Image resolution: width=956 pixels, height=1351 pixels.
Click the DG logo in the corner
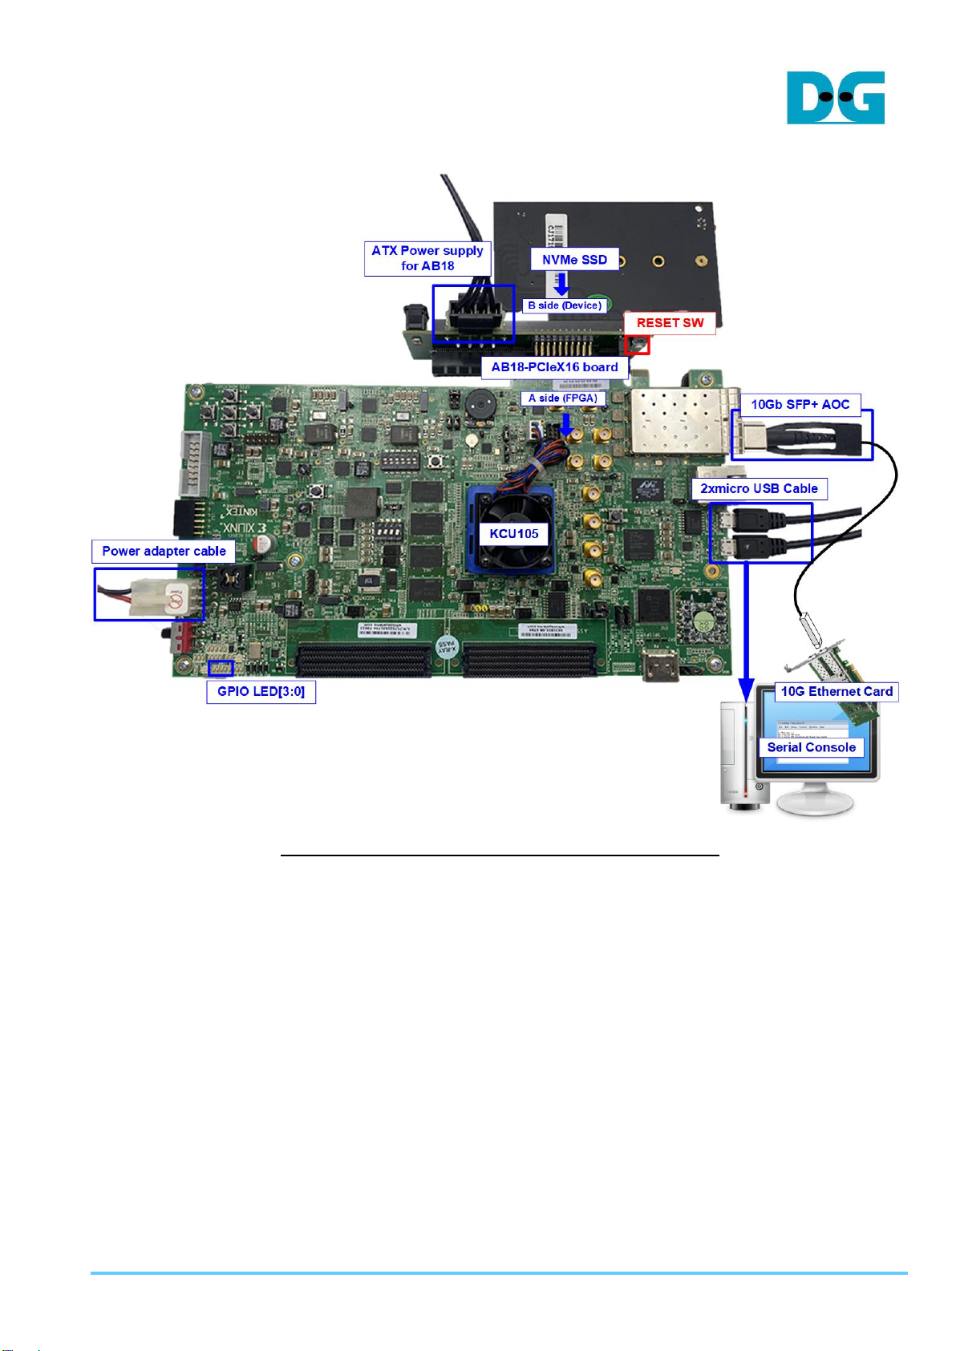pos(835,98)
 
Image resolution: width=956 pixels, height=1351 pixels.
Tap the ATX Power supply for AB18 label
pos(427,258)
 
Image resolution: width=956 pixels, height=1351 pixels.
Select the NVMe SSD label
pos(574,259)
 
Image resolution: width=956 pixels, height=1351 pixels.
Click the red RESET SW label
pos(670,322)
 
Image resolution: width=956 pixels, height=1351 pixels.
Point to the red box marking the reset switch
pos(637,345)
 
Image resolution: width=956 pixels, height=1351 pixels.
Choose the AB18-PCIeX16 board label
pos(554,367)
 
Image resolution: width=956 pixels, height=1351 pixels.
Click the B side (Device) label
pos(564,305)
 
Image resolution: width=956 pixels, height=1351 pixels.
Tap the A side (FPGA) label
pos(562,398)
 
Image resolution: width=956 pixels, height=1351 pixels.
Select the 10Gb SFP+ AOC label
pos(800,404)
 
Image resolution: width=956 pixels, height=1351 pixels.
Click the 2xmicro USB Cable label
pos(759,488)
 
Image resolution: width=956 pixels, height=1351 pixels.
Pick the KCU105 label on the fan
pos(514,534)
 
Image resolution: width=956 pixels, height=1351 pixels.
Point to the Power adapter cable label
pos(164,551)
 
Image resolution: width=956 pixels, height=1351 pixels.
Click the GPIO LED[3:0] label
pos(261,691)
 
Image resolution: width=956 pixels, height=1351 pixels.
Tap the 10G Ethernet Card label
pos(836,691)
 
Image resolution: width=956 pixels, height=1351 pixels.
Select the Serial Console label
pos(811,747)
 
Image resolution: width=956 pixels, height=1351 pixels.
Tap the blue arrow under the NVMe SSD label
pos(562,283)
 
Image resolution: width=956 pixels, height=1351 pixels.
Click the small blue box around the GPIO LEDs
pos(221,668)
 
